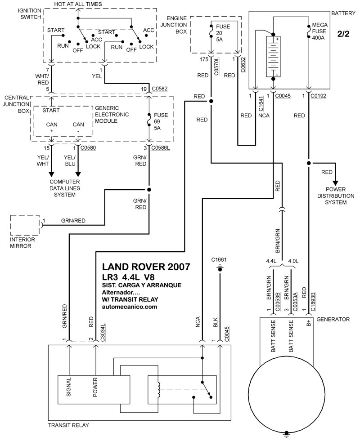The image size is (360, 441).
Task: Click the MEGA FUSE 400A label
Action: coord(321,32)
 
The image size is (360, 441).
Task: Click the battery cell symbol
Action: coord(273,56)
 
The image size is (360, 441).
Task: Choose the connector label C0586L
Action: coord(161,147)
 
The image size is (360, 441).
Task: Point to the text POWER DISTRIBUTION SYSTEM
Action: coord(336,196)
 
